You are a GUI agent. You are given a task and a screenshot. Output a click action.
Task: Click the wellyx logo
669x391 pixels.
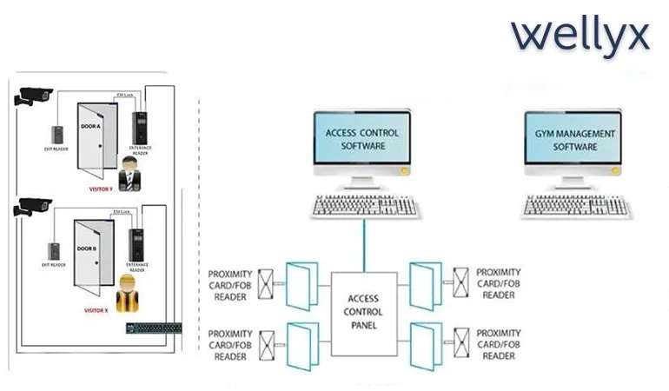pyautogui.click(x=580, y=36)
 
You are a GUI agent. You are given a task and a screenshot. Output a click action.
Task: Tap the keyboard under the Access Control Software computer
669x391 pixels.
pyautogui.click(x=366, y=205)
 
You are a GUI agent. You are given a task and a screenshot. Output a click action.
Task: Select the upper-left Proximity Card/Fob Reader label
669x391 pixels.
pyautogui.click(x=230, y=285)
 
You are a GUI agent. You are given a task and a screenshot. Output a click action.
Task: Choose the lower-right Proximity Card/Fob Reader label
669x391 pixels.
pyautogui.click(x=499, y=343)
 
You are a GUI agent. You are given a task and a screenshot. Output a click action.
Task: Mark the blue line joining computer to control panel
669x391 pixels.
pyautogui.click(x=364, y=243)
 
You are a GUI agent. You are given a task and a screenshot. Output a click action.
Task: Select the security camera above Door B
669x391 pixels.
pyautogui.click(x=33, y=208)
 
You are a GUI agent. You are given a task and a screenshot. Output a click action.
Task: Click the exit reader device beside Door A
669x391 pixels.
pyautogui.click(x=58, y=135)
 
